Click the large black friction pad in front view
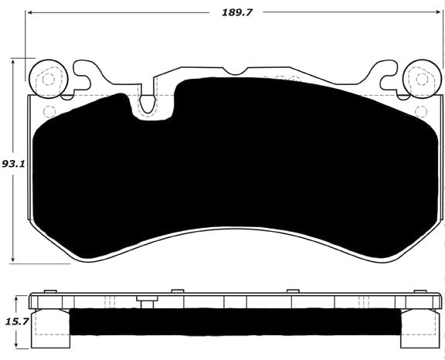pos(232,170)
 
